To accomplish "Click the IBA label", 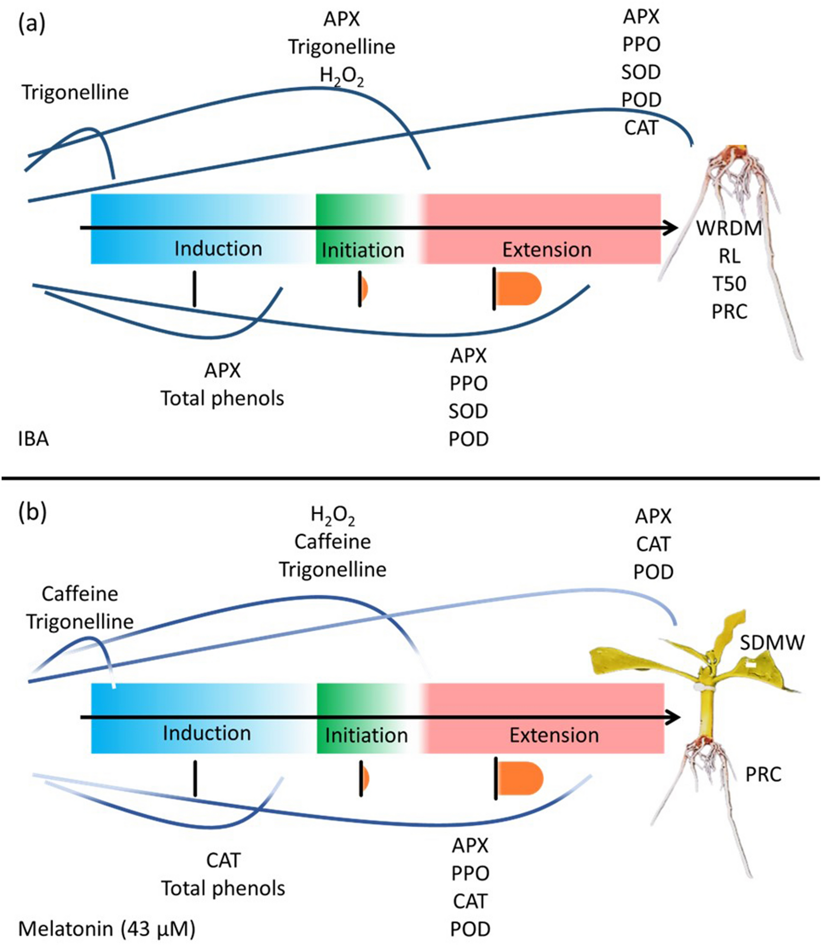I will [x=33, y=438].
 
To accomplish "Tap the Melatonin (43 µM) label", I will [x=107, y=928].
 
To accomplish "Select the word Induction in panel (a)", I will [x=218, y=249].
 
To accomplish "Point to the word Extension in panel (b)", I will [x=554, y=735].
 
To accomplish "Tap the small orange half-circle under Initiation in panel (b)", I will [x=366, y=778].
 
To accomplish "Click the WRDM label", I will [x=729, y=228].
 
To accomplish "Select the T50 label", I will [x=729, y=283].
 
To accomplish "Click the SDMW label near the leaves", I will [x=772, y=643].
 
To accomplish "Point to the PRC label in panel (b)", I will [x=763, y=774].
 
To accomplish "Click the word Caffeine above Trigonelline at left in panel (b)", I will [x=80, y=594].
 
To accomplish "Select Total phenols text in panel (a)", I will [x=222, y=398].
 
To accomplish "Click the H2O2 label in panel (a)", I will [x=341, y=76].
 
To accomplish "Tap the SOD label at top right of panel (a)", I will [x=641, y=72].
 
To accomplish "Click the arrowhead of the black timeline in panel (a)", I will [x=670, y=228].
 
